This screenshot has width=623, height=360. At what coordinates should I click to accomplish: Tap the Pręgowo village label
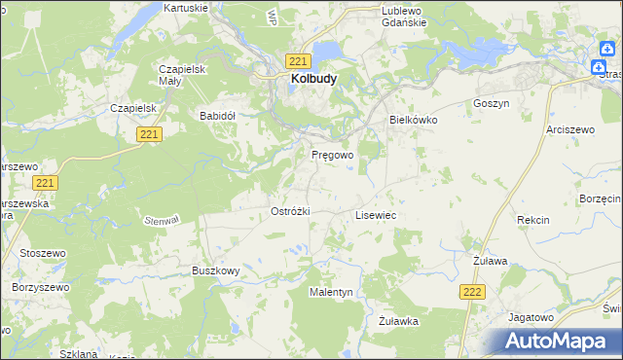tap(332, 155)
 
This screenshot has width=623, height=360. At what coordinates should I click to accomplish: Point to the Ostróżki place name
tap(289, 211)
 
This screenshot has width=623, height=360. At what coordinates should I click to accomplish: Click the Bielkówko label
tap(414, 120)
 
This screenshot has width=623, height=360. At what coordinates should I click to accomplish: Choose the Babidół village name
tap(218, 115)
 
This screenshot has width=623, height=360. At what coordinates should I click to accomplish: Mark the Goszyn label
tap(491, 103)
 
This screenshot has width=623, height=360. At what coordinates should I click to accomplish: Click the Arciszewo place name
tap(570, 128)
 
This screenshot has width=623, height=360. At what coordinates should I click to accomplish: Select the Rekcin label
tap(533, 221)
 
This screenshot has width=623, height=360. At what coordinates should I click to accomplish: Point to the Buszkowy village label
tap(215, 270)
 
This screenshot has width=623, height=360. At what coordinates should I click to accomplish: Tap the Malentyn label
tap(331, 292)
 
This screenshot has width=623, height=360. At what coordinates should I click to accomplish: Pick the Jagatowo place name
tap(531, 317)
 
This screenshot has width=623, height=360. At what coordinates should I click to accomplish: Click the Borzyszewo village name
tap(38, 288)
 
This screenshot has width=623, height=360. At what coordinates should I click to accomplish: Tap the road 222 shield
tap(472, 291)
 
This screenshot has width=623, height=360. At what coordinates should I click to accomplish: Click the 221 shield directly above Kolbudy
tap(300, 60)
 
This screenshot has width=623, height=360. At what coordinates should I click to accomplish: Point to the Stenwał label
tap(162, 221)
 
